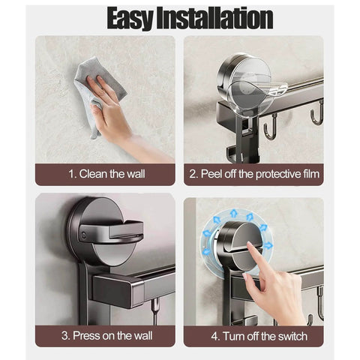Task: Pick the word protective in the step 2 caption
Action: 274,174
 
